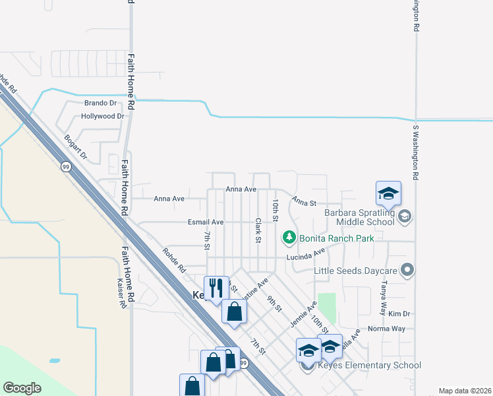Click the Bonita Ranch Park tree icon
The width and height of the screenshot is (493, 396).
click(289, 237)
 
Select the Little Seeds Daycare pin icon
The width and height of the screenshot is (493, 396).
click(407, 269)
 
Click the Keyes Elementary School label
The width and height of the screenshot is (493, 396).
click(369, 365)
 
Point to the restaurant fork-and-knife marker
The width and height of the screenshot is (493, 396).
click(216, 288)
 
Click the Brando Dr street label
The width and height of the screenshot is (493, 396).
click(100, 104)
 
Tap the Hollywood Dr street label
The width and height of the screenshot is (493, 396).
click(102, 116)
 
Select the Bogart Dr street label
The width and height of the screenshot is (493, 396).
click(75, 147)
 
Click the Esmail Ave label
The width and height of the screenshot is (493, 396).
click(206, 222)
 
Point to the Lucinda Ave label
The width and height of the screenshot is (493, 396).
click(306, 255)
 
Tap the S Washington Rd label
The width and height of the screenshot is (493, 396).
click(416, 153)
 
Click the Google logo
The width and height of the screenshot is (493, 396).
click(22, 388)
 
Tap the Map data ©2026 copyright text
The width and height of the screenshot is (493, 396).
click(465, 391)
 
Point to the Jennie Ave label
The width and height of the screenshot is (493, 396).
click(303, 314)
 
